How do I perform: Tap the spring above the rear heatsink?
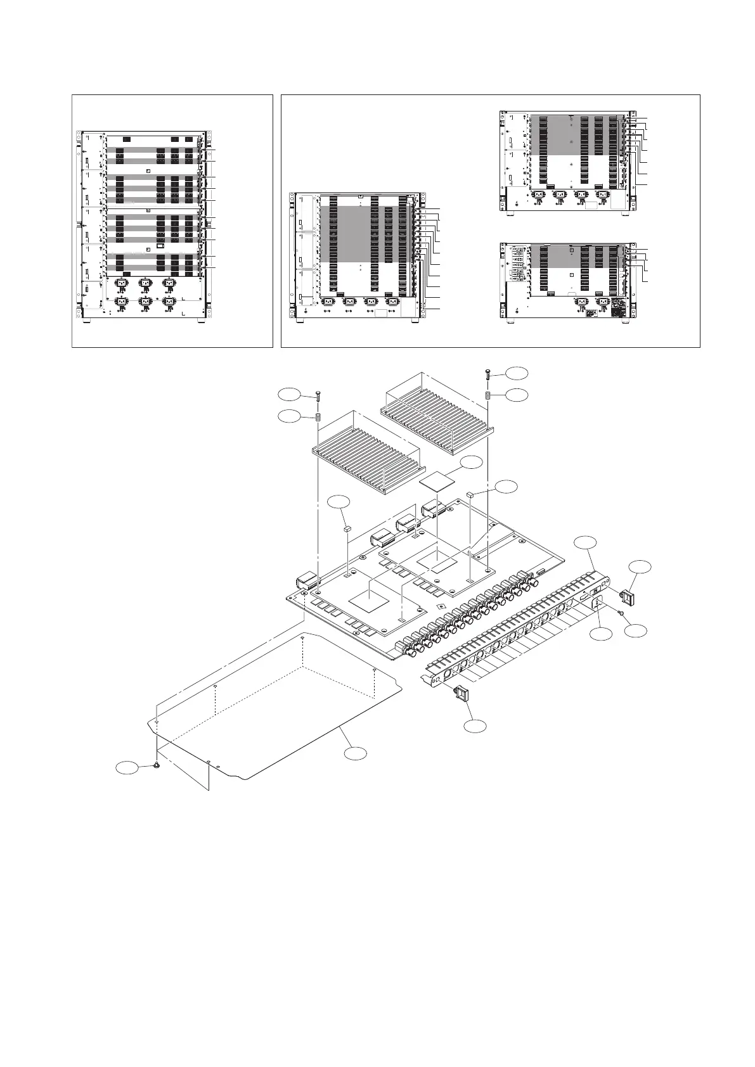pyautogui.click(x=488, y=395)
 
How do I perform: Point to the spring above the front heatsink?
pyautogui.click(x=317, y=418)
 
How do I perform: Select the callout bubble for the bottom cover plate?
pyautogui.click(x=356, y=753)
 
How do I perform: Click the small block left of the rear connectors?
pyautogui.click(x=347, y=527)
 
